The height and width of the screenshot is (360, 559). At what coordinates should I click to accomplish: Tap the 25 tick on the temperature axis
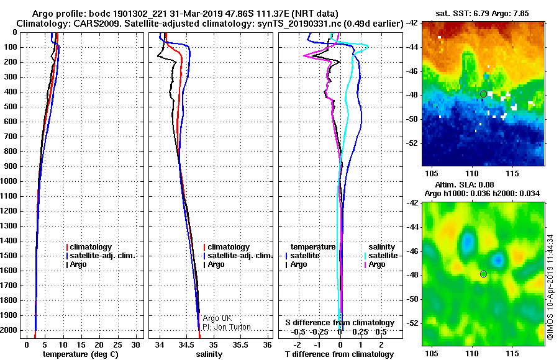coord(117,345)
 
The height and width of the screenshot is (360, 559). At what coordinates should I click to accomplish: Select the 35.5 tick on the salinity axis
coord(240,345)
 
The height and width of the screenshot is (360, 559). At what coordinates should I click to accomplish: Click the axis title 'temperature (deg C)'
coord(81,354)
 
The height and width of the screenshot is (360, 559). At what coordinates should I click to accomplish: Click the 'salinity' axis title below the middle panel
coord(209,354)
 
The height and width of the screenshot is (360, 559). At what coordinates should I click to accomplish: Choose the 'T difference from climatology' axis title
coord(339,354)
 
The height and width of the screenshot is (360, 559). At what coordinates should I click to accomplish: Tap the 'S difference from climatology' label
coord(340,323)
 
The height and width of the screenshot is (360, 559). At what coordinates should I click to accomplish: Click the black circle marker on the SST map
coord(483,94)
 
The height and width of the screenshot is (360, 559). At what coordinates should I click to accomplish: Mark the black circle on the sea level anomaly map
coord(483,274)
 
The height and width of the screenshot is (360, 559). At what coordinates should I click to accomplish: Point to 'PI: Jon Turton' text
coord(227,327)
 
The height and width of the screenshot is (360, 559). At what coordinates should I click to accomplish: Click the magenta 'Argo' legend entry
coord(375,264)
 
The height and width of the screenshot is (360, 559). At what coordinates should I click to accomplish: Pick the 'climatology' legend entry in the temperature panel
coord(89,247)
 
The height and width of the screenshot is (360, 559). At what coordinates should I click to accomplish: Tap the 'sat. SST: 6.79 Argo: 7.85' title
coord(483,14)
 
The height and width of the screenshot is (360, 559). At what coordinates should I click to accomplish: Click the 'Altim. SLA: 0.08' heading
coord(465,184)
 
